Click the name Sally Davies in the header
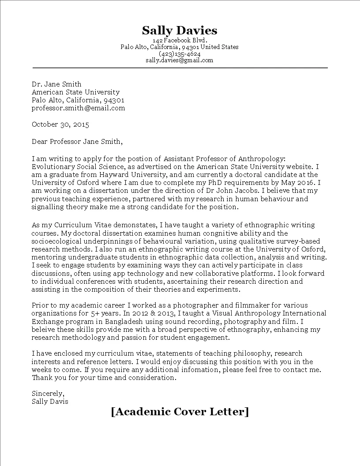(180, 30)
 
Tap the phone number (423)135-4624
(180, 54)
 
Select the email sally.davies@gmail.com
(180, 60)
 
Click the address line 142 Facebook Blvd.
(180, 40)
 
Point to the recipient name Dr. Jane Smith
(56, 84)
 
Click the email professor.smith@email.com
(79, 108)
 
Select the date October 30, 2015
(60, 124)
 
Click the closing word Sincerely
(48, 394)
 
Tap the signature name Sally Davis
(50, 402)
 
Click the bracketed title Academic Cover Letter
(180, 412)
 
